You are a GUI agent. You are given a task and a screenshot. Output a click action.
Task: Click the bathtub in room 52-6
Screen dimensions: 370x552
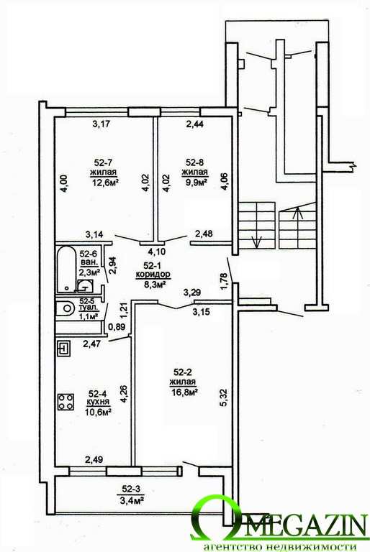click(x=66, y=269)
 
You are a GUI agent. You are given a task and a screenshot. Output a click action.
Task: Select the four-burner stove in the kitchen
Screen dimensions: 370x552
click(x=66, y=402)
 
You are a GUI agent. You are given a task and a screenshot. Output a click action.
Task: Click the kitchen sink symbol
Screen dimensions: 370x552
click(x=63, y=349)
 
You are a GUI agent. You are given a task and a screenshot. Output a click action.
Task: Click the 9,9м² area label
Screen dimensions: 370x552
click(x=194, y=182)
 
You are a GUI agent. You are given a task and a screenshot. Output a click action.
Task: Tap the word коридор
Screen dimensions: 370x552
click(x=153, y=274)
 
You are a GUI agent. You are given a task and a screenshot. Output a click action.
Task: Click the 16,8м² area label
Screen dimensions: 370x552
click(x=183, y=392)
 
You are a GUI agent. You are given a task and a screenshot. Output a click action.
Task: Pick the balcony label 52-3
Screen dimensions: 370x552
click(x=131, y=488)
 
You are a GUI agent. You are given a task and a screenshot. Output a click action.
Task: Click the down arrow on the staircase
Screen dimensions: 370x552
click(x=256, y=241)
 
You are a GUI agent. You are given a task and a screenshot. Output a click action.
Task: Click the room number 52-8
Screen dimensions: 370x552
click(x=194, y=162)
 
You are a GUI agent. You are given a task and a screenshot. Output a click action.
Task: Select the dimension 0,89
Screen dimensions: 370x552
click(x=117, y=326)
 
